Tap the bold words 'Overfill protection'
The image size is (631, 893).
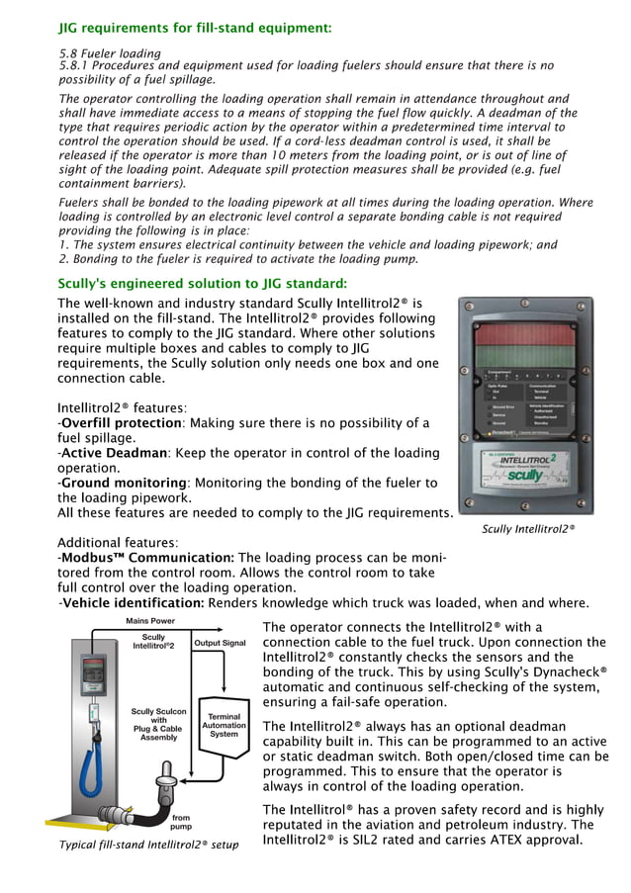coord(122,423)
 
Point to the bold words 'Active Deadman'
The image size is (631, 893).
coord(116,453)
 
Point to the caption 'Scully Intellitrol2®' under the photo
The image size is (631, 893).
coord(527,529)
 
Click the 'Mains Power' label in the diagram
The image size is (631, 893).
coord(150,620)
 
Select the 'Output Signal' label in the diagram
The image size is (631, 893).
coord(220,643)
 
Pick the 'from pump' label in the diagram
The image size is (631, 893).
coord(180,824)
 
